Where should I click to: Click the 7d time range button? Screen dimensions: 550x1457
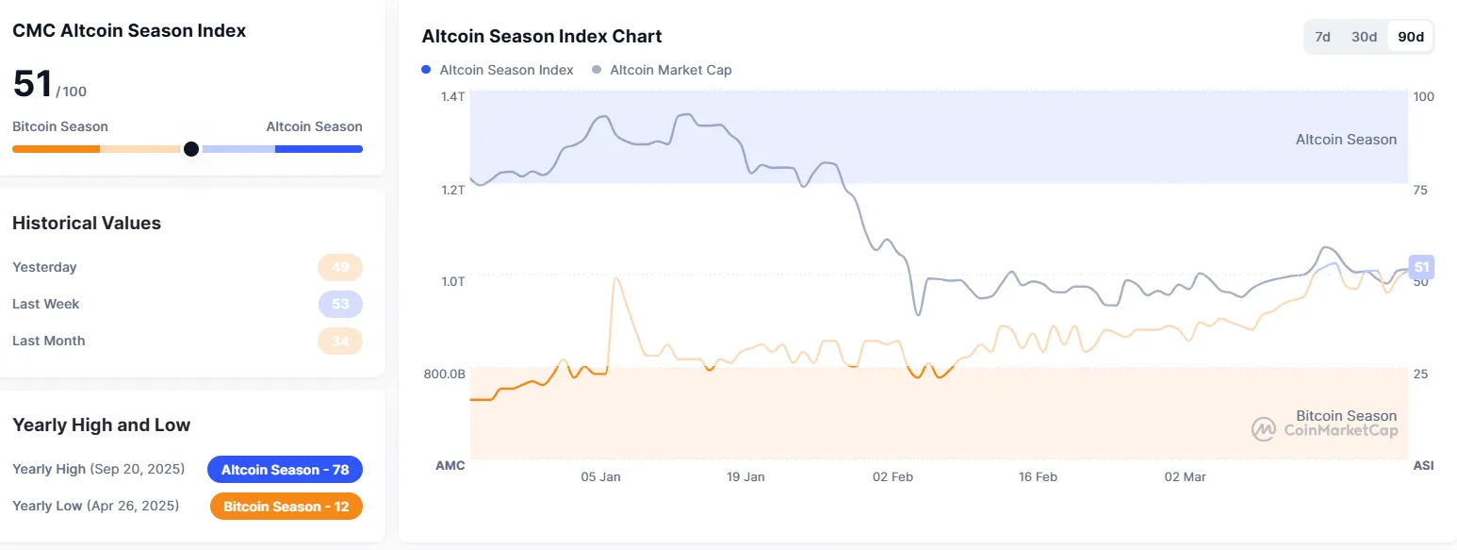click(x=1322, y=37)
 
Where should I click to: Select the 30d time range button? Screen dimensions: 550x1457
click(x=1364, y=37)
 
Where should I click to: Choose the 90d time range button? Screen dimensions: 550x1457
click(x=1411, y=37)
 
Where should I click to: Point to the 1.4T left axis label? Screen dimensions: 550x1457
click(x=452, y=96)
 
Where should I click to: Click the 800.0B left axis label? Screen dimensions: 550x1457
click(x=445, y=374)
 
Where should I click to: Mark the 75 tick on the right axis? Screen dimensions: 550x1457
click(x=1420, y=190)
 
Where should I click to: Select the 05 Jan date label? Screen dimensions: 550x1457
click(x=600, y=476)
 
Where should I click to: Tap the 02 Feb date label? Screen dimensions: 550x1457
click(x=892, y=476)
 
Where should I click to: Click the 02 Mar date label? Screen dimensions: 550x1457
click(x=1185, y=476)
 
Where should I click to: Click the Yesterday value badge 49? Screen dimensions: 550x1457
click(x=340, y=267)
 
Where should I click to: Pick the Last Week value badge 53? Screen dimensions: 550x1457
click(x=340, y=304)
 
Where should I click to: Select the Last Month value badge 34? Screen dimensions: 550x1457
click(x=340, y=341)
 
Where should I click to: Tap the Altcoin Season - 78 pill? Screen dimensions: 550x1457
click(x=285, y=470)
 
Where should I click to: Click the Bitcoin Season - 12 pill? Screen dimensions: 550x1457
click(x=286, y=507)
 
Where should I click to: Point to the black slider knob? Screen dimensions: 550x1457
click(x=191, y=148)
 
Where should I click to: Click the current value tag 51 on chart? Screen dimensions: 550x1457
click(x=1421, y=267)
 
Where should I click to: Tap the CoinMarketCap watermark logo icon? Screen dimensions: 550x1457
click(x=1263, y=429)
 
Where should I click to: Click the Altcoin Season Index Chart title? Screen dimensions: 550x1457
click(x=542, y=37)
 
